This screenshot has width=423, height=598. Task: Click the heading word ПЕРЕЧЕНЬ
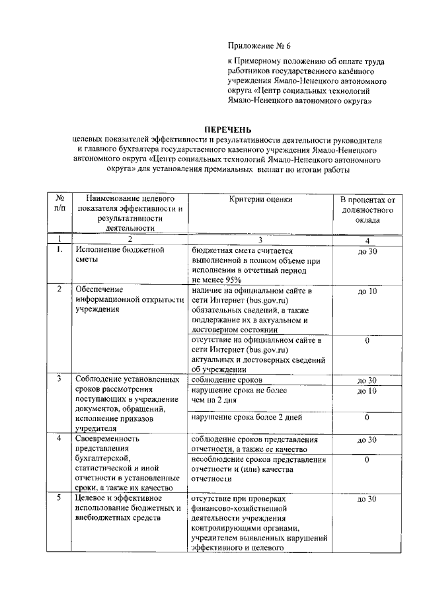point(227,129)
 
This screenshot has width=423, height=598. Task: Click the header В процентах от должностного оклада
point(367,208)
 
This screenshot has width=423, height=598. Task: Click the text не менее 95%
point(215,280)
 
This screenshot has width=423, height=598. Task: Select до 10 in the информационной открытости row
point(367,291)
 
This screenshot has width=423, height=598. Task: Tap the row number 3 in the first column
point(59,379)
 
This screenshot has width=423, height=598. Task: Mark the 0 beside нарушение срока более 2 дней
point(367,418)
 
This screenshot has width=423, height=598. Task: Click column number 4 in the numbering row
point(367,240)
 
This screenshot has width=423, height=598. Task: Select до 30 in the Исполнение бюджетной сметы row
point(367,251)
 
